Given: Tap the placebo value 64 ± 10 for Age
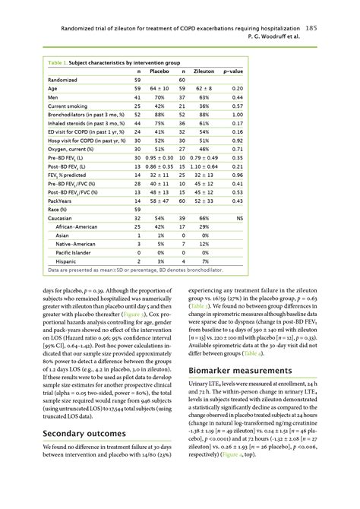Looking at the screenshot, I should click(x=159, y=88).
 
